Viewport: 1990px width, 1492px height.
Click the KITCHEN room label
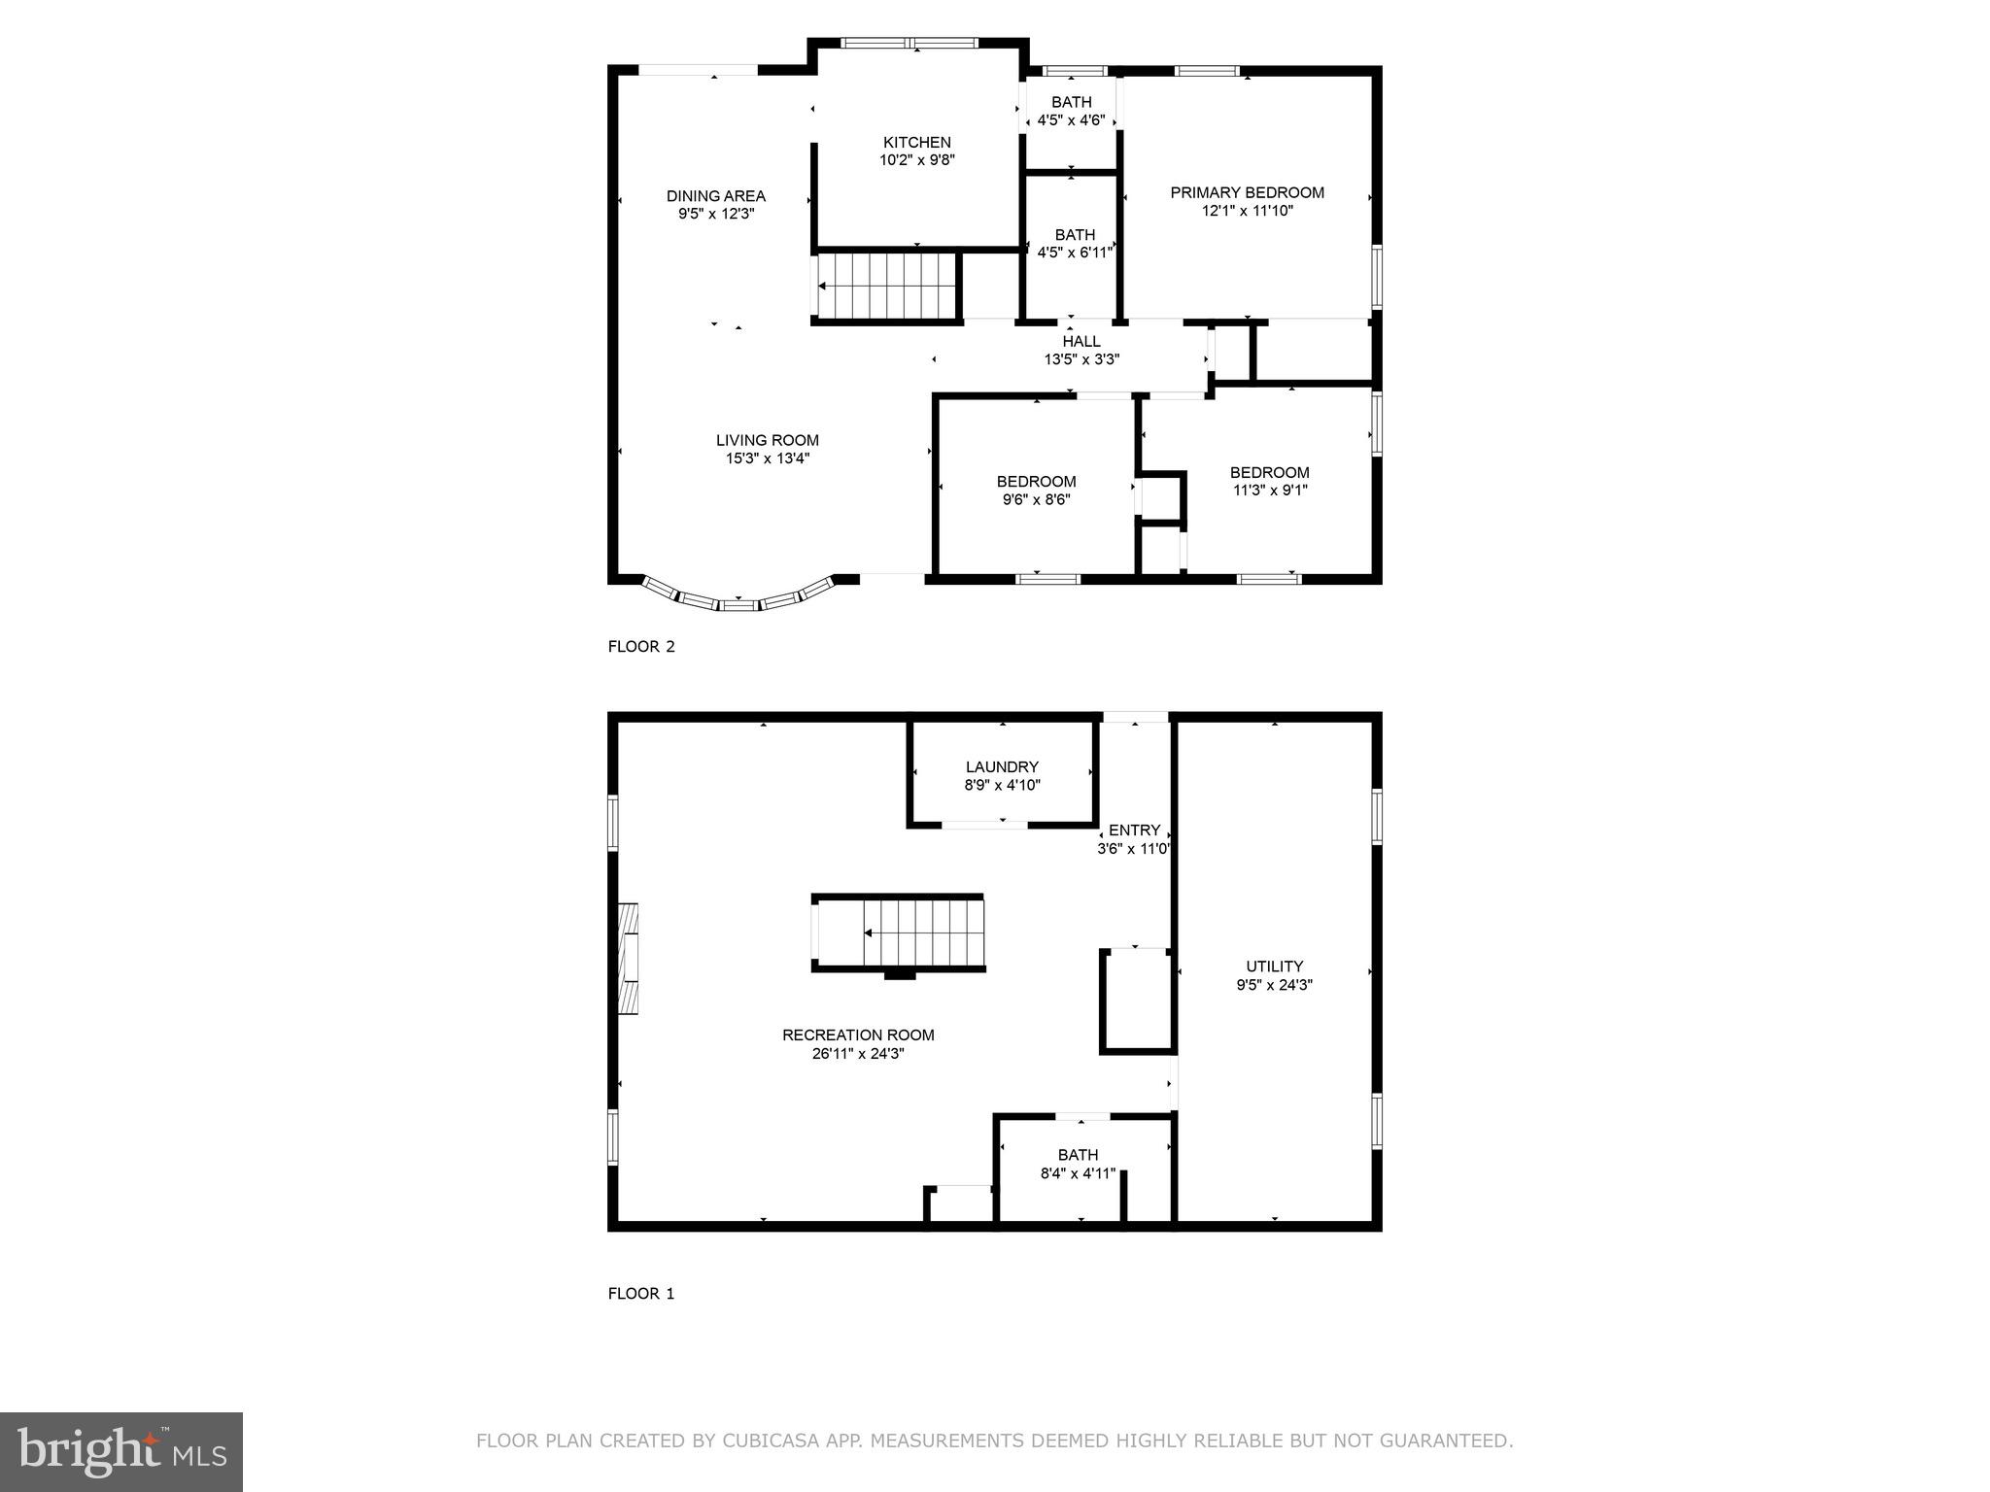click(916, 142)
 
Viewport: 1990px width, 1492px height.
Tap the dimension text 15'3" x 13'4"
click(767, 458)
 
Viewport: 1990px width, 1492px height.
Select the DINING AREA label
click(715, 196)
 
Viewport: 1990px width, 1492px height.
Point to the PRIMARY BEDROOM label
click(1247, 192)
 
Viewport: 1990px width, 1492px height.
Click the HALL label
click(1081, 341)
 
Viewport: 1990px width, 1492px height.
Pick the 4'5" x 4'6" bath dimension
click(1071, 120)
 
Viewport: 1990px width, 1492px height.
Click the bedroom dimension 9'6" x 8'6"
click(1036, 499)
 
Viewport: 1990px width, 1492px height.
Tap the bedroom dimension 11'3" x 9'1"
click(1269, 491)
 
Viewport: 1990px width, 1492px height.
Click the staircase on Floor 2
click(885, 286)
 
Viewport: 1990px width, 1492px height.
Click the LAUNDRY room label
click(1002, 766)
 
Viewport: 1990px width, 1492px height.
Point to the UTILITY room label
click(1274, 966)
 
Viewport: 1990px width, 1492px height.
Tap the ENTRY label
click(1134, 830)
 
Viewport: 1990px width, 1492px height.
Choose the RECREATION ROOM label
click(858, 1034)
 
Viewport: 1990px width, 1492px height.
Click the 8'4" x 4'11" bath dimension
click(1078, 1173)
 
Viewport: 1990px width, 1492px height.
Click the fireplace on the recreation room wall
click(629, 959)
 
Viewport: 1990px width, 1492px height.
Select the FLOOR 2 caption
click(640, 646)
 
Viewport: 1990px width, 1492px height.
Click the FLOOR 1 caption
click(640, 1293)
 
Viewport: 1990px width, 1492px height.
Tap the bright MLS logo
click(121, 1451)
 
